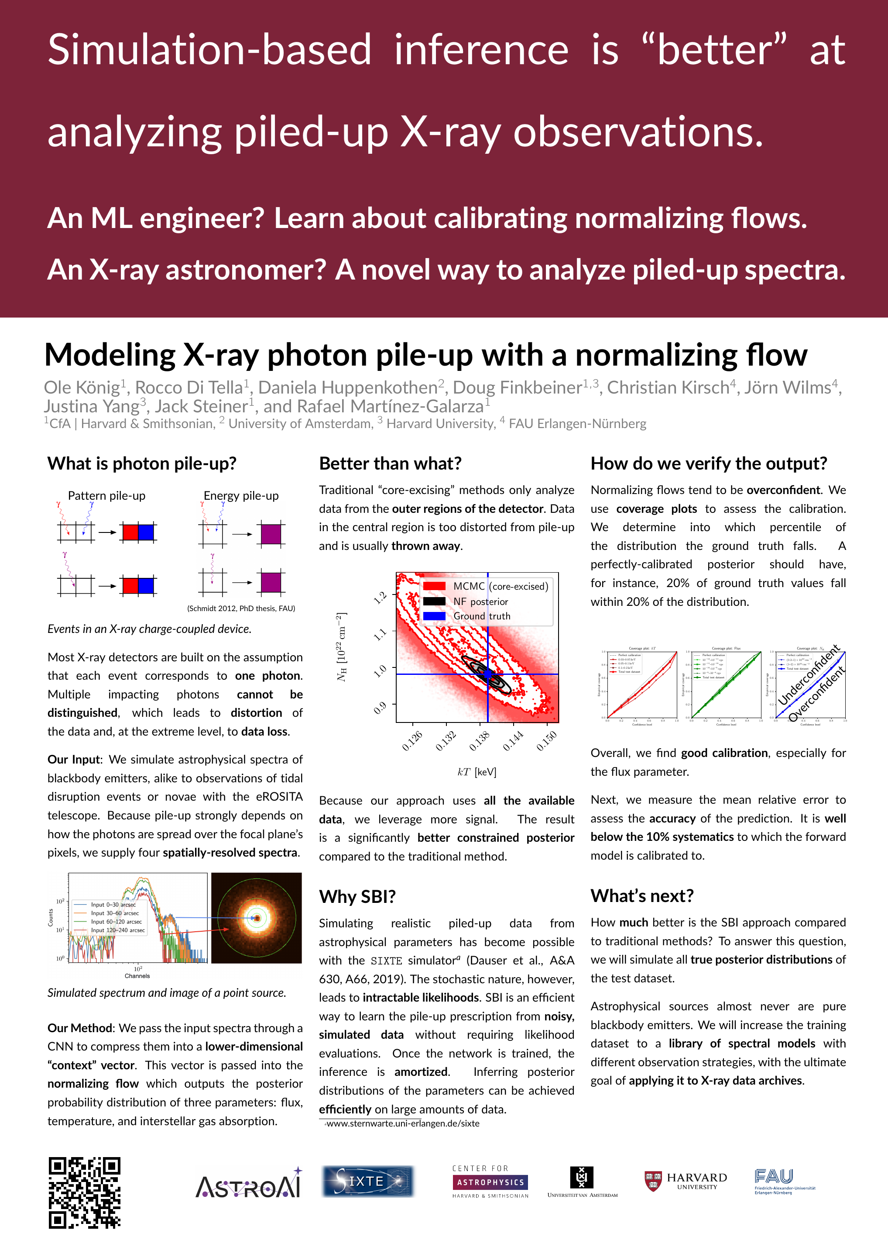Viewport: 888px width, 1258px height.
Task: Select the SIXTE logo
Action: pyautogui.click(x=368, y=1181)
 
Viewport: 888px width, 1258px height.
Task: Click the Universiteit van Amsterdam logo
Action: pyautogui.click(x=582, y=1182)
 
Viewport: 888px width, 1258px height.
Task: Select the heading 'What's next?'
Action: pyautogui.click(x=641, y=896)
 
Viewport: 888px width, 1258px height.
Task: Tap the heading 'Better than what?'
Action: pyautogui.click(x=390, y=463)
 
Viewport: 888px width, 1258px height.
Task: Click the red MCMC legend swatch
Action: pyautogui.click(x=434, y=586)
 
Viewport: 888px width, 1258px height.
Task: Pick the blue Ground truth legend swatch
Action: pyautogui.click(x=434, y=616)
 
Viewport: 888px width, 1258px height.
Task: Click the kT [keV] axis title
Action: pyautogui.click(x=477, y=772)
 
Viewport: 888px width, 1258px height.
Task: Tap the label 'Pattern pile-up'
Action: pyautogui.click(x=107, y=496)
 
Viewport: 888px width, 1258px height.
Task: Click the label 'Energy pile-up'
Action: pyautogui.click(x=241, y=496)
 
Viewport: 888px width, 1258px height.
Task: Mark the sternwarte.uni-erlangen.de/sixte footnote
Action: pyautogui.click(x=402, y=1123)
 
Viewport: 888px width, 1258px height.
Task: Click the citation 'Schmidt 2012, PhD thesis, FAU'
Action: pyautogui.click(x=241, y=608)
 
